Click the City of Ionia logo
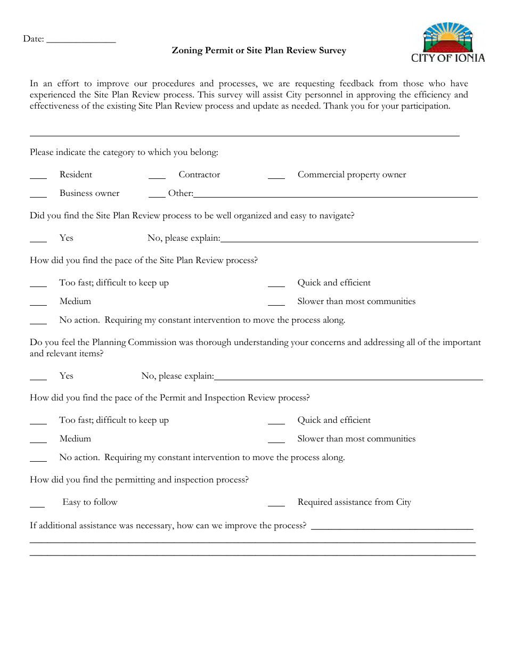click(448, 43)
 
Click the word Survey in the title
click(332, 51)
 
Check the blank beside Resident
click(38, 177)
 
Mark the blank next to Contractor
click(157, 177)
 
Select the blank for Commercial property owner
click(276, 177)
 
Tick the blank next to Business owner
click(38, 196)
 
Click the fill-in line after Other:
click(336, 196)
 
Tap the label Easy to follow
click(90, 502)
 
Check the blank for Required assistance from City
click(276, 505)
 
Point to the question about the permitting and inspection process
click(139, 480)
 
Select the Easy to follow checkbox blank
click(37, 505)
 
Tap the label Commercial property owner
click(352, 175)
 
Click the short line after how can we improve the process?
click(391, 529)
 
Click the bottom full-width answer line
click(252, 555)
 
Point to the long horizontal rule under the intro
click(244, 136)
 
